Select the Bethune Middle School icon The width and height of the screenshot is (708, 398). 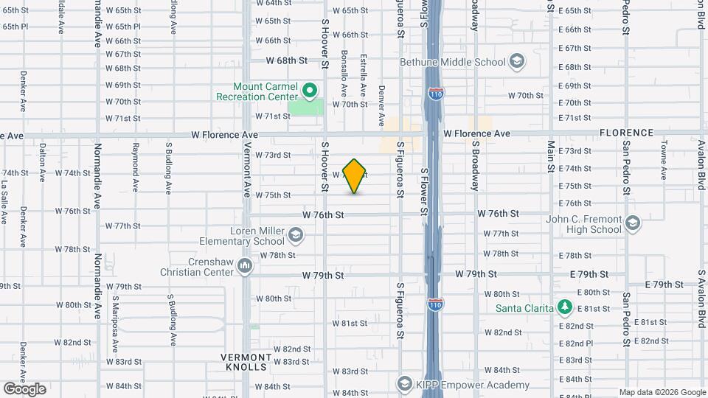517,61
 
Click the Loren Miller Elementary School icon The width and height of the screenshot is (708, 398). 295,235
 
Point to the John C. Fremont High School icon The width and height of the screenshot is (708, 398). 633,223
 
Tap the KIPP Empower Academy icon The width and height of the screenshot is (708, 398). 404,384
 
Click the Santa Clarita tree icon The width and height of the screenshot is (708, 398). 565,307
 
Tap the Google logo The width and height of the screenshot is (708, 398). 24,388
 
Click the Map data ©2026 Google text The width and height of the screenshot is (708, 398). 662,392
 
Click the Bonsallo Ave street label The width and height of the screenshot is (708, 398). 344,74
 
